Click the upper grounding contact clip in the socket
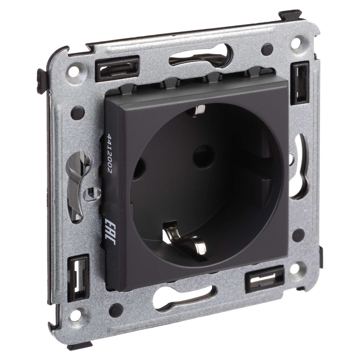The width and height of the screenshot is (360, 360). click(199, 111)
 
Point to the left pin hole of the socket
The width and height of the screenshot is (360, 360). click(139, 169)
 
